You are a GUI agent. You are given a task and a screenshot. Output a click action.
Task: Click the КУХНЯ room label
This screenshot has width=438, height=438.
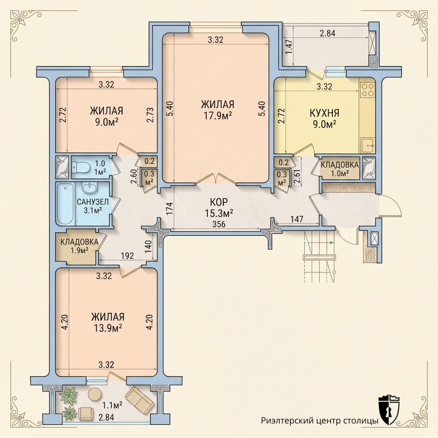tap(324, 113)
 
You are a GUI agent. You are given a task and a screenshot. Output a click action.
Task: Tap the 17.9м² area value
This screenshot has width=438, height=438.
tap(218, 115)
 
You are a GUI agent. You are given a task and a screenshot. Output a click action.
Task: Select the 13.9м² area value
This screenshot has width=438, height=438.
tap(107, 327)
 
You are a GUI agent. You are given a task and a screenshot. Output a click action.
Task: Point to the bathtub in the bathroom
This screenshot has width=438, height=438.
tap(65, 204)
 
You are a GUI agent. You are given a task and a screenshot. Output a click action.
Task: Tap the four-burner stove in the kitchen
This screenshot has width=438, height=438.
tap(367, 90)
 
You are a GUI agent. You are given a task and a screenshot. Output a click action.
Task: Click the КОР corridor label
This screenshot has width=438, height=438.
tap(219, 201)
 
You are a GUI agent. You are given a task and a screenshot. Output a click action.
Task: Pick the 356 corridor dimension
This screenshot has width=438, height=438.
tap(219, 224)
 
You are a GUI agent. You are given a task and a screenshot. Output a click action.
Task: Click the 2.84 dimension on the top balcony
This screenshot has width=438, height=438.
tap(327, 33)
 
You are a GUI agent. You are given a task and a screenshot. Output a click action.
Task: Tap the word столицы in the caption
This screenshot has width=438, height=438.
tap(362, 421)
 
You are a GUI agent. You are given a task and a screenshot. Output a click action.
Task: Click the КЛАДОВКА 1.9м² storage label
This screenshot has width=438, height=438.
tap(79, 246)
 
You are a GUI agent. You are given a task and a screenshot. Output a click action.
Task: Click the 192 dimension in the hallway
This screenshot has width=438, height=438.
tap(127, 256)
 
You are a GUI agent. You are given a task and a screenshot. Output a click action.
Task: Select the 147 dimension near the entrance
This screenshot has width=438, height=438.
tap(297, 219)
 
